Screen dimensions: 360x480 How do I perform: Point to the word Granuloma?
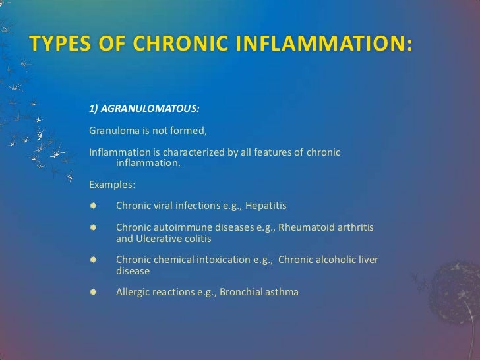(x=111, y=130)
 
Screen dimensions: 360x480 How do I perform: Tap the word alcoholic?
(x=339, y=260)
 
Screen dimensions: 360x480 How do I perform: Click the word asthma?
(x=283, y=291)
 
